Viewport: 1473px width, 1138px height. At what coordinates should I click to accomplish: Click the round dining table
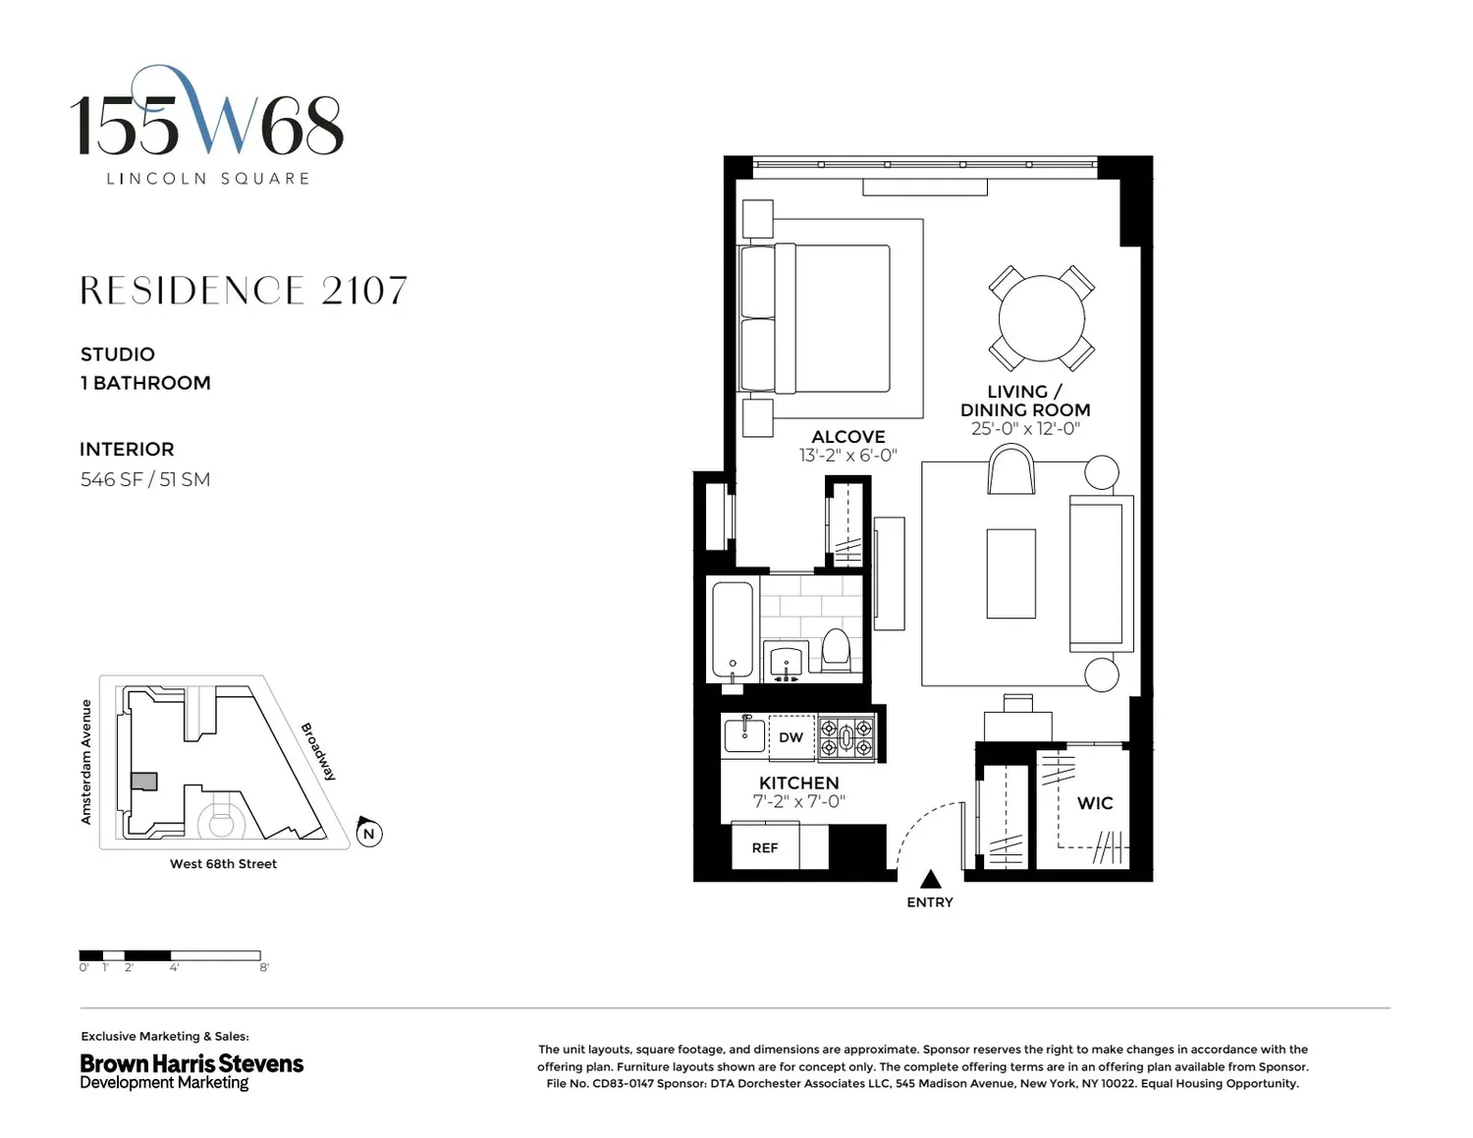click(x=1041, y=318)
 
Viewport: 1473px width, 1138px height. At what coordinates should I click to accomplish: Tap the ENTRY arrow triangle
click(x=930, y=879)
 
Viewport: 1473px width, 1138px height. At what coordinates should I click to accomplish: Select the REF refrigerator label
click(x=765, y=848)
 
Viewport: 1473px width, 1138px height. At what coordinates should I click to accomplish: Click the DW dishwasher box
click(x=791, y=737)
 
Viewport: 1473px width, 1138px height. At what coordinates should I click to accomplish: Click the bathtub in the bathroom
click(x=733, y=629)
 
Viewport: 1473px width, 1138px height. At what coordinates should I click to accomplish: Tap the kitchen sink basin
click(x=744, y=734)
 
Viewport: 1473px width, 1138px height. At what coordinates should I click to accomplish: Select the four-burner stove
click(x=846, y=738)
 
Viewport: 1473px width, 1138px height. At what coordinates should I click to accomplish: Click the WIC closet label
click(x=1095, y=803)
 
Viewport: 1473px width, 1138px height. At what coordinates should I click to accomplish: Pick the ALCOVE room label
click(x=848, y=437)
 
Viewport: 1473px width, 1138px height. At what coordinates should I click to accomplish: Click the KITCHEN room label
click(x=798, y=783)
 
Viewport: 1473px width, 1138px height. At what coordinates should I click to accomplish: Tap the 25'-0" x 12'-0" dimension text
click(x=1025, y=428)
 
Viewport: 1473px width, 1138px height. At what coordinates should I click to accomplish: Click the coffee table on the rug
click(x=1010, y=573)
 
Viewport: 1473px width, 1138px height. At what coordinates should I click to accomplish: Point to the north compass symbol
click(x=368, y=832)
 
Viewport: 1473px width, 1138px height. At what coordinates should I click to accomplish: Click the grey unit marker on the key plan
click(x=143, y=782)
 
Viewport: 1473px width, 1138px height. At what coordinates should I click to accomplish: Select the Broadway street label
click(x=318, y=751)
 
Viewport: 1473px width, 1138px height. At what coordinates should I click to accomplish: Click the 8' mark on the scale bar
click(x=264, y=967)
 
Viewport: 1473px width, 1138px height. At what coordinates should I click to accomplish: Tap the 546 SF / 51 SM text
click(x=145, y=480)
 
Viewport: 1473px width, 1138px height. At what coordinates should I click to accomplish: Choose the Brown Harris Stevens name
click(x=191, y=1063)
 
